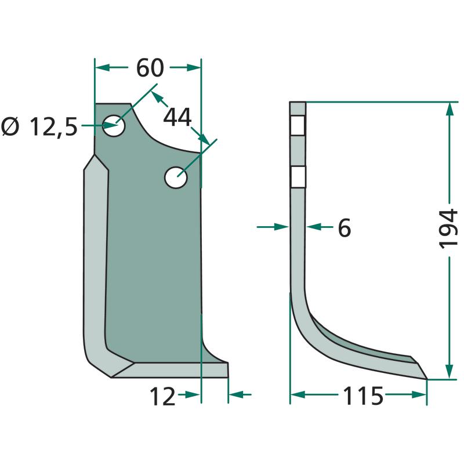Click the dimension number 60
tap(150, 68)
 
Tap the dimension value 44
tap(177, 118)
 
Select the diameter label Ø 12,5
tap(39, 126)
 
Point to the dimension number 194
tap(448, 229)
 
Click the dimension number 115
tap(363, 396)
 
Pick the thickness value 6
tap(345, 227)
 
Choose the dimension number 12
tap(162, 397)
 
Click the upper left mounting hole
tap(114, 125)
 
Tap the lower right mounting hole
tap(176, 177)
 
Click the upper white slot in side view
tap(298, 125)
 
